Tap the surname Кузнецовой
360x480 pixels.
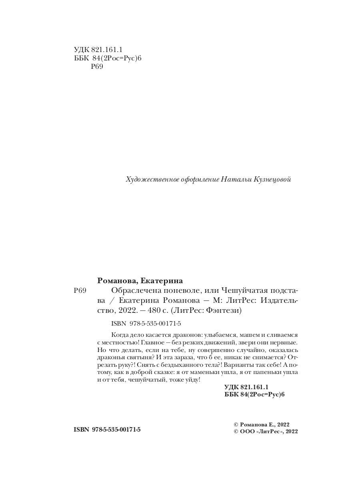pyautogui.click(x=272, y=180)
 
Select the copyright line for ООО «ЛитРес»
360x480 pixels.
pyautogui.click(x=266, y=431)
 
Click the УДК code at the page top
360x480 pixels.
pyautogui.click(x=98, y=50)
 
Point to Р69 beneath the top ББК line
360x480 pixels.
pyautogui.click(x=97, y=67)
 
